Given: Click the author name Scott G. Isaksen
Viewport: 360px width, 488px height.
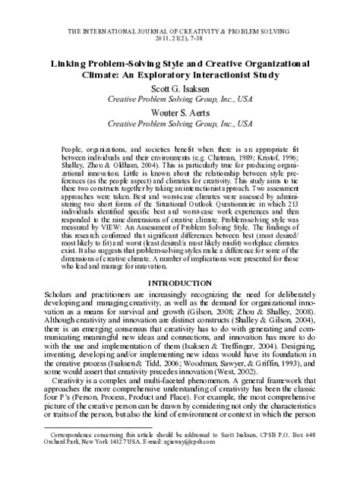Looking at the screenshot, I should [x=180, y=88].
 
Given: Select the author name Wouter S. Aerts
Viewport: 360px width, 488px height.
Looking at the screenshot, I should [x=180, y=112].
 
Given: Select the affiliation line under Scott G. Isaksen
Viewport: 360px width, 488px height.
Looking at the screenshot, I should [x=180, y=100].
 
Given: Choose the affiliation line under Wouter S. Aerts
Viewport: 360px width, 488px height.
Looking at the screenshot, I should [x=180, y=123].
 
